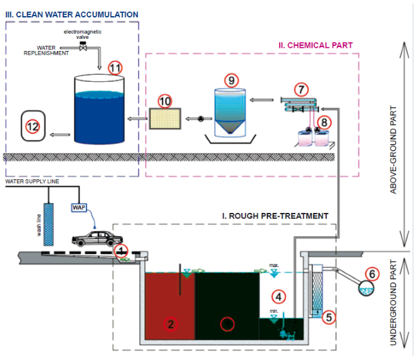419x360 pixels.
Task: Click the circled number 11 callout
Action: tap(115, 67)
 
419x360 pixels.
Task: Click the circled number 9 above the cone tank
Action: tap(232, 79)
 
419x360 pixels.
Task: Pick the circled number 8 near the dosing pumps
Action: tap(326, 121)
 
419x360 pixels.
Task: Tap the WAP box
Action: tap(79, 208)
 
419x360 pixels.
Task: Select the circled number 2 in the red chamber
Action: tap(171, 325)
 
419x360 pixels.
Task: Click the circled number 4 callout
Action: tap(278, 297)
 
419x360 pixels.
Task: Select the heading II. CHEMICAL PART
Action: tap(315, 45)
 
